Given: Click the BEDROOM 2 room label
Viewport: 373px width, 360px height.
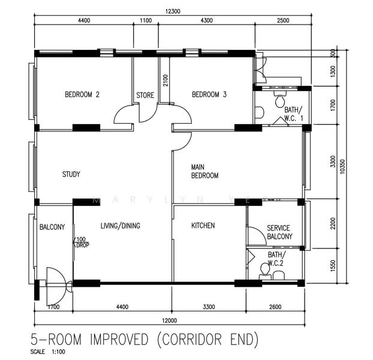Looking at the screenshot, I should [x=82, y=95].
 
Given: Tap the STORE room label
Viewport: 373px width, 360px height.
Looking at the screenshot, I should [x=145, y=95].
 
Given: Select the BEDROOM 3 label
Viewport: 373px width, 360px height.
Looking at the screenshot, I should [x=209, y=95].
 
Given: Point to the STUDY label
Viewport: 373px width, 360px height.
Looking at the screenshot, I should [x=71, y=175].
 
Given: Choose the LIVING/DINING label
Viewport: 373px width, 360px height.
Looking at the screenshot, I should [x=120, y=226].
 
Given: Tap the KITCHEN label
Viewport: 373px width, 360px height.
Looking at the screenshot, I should [x=203, y=226].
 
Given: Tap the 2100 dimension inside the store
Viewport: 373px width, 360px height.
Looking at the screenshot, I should [x=165, y=79].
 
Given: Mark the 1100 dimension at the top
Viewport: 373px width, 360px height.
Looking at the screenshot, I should [x=146, y=20].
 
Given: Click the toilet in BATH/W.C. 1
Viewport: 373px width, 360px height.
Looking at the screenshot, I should [x=279, y=101].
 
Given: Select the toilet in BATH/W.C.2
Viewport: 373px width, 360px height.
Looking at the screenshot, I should [x=264, y=271].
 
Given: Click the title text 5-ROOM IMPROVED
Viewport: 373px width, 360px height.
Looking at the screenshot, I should [x=90, y=340].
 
